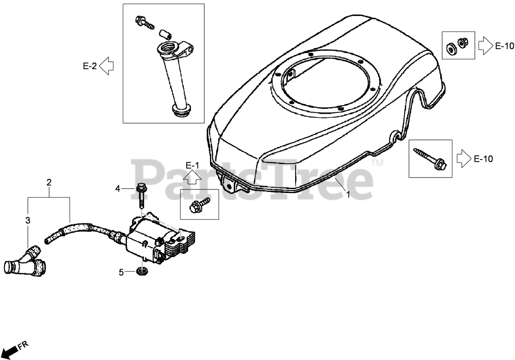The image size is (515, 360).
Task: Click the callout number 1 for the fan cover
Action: [348, 195]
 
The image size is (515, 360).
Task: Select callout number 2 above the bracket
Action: [49, 182]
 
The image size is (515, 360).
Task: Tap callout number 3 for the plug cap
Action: [28, 220]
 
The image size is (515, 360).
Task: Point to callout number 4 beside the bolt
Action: [118, 189]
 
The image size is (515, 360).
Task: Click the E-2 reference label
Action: [90, 66]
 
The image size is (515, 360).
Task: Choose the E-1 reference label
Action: [192, 166]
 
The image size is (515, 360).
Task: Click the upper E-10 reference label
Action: [504, 46]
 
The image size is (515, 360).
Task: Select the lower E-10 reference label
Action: [483, 159]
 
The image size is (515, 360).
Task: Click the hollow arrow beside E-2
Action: [106, 66]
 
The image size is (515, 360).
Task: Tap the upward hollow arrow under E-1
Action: [192, 177]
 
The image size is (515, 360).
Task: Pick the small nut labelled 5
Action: [142, 271]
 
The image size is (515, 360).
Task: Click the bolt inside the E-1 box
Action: [199, 205]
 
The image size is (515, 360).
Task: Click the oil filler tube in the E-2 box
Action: [174, 78]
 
